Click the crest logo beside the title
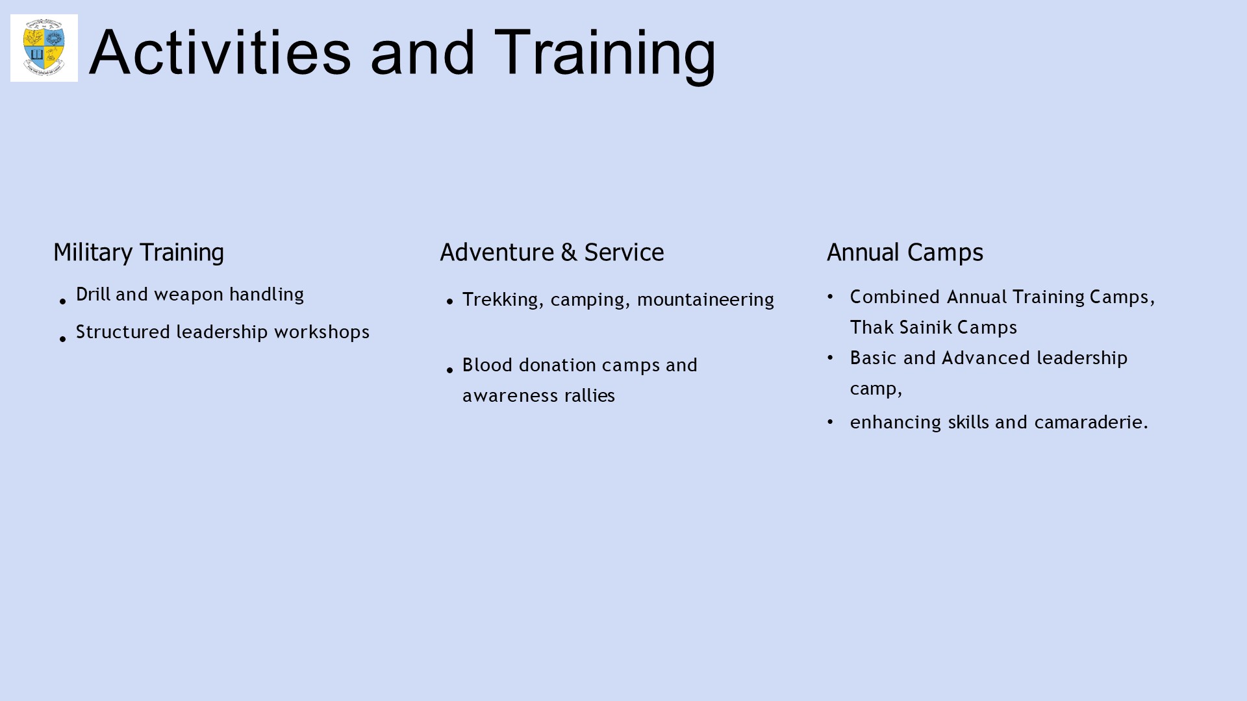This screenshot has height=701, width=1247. pos(44,48)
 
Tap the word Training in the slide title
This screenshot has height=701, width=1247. pos(605,55)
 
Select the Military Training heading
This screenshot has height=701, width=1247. pos(138,252)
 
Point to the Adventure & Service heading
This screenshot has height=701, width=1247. pos(552,252)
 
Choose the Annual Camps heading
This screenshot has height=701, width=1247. pos(905,252)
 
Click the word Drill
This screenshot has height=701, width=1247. pos(93,294)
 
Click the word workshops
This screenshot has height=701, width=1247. pos(321,332)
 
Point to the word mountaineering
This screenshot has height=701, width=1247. pos(705,300)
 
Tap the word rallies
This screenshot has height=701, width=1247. pos(590,395)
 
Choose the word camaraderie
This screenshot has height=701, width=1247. pos(1091,422)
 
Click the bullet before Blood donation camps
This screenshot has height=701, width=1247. pos(449,370)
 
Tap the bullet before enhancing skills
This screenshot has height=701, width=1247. pos(830,422)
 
